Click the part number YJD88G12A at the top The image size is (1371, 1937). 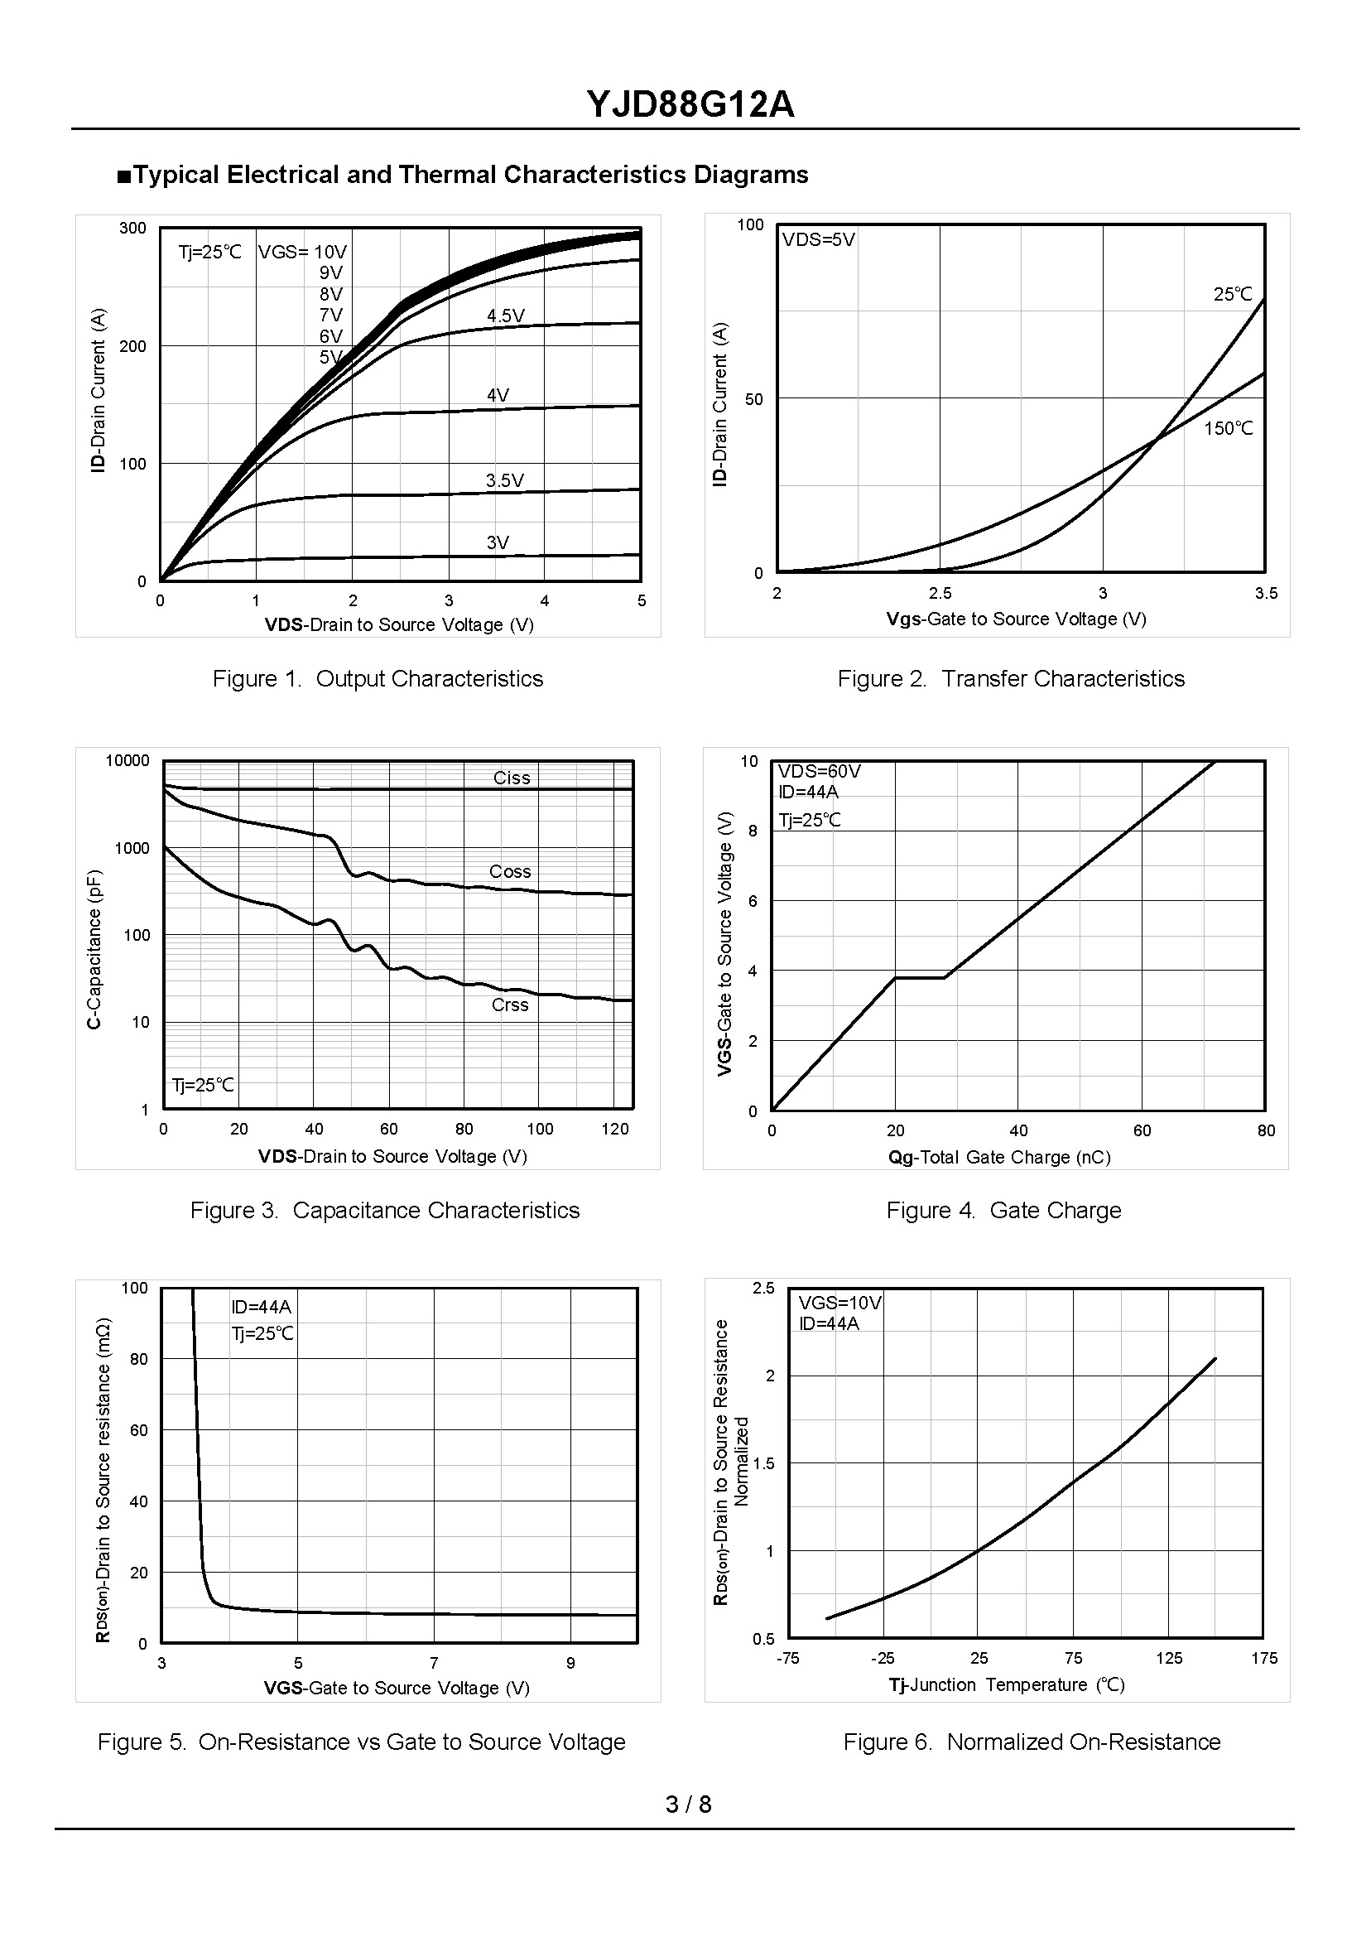(690, 104)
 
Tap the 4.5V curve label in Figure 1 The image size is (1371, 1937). (505, 316)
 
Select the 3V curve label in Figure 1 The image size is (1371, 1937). (498, 542)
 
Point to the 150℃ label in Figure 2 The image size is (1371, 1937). (1228, 428)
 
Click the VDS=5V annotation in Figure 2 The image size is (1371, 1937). (818, 240)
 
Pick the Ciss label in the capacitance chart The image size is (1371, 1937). (512, 778)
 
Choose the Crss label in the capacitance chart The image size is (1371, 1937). (510, 1005)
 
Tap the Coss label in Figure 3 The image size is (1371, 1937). (510, 871)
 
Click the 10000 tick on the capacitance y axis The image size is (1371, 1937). (127, 761)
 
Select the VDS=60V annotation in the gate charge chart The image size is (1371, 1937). (819, 771)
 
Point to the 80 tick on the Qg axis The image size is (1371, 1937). (1266, 1130)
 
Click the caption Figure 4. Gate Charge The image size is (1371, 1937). (1003, 1210)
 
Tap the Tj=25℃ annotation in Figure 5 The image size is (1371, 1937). (262, 1333)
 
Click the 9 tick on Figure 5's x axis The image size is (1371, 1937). (570, 1663)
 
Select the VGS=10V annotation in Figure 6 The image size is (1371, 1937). (840, 1303)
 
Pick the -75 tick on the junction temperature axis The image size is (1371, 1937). (787, 1659)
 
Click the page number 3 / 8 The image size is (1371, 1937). (688, 1804)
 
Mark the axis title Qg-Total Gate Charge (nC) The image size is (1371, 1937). (998, 1157)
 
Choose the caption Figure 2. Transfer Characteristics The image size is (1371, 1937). (1011, 679)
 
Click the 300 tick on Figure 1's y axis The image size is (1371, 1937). (132, 228)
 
